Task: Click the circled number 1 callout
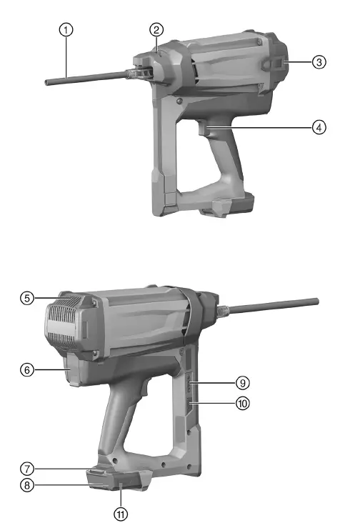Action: (66, 30)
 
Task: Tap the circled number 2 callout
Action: (156, 29)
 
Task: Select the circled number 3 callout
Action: (319, 62)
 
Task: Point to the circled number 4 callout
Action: (319, 126)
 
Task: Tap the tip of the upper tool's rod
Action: (46, 82)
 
